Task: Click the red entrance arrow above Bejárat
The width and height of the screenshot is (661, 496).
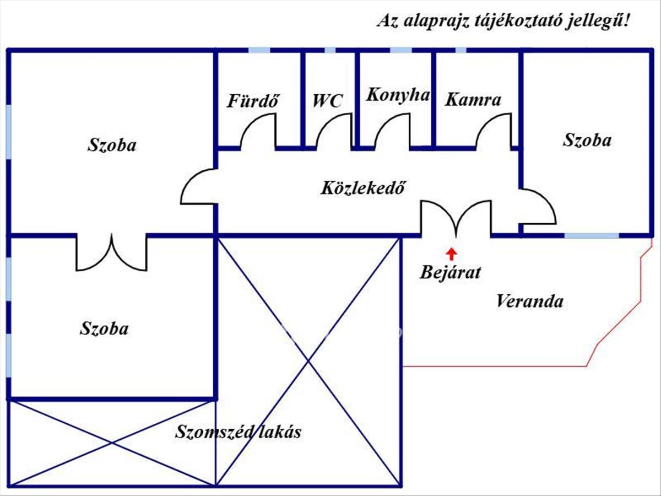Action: [451, 254]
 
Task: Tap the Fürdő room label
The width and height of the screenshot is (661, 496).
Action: [252, 101]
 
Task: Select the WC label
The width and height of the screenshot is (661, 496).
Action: [327, 101]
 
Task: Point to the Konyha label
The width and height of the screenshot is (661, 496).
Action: [398, 95]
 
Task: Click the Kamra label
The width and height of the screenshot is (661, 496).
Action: [473, 99]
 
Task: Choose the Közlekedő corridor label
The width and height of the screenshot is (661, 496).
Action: [363, 187]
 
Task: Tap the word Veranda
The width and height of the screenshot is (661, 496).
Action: [529, 301]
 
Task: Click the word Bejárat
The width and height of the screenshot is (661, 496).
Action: [450, 273]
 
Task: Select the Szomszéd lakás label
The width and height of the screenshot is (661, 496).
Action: [238, 432]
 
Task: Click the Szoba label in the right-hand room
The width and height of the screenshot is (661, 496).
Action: [587, 140]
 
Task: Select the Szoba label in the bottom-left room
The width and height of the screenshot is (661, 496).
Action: [104, 328]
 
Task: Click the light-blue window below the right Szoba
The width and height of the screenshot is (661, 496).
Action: [592, 235]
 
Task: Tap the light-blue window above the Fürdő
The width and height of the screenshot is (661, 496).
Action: [259, 50]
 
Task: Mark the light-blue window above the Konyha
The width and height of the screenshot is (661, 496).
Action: [401, 50]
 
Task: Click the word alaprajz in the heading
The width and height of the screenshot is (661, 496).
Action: [436, 21]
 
